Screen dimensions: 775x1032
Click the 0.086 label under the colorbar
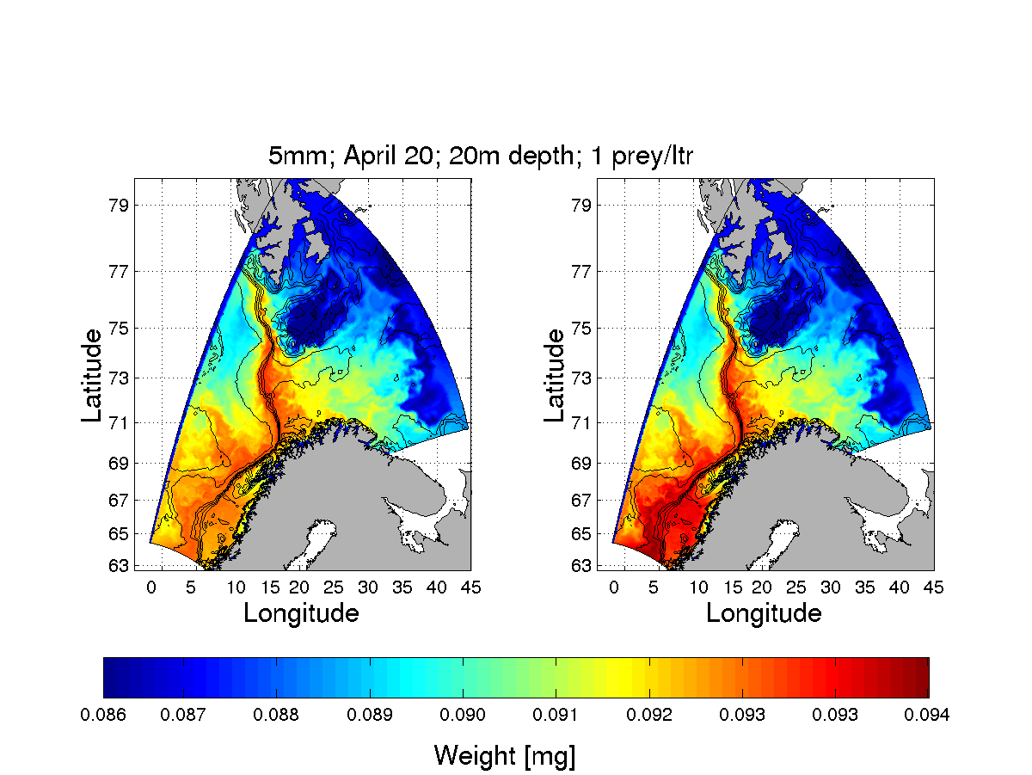tap(103, 716)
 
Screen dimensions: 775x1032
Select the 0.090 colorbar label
tap(464, 716)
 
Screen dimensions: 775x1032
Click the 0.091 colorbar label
tap(556, 716)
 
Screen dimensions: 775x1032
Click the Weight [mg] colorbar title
tap(505, 756)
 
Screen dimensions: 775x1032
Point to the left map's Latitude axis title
tap(92, 375)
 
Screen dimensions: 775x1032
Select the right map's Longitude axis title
tap(764, 613)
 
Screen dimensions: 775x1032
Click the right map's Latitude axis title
tap(555, 375)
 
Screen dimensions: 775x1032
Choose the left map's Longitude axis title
tap(301, 613)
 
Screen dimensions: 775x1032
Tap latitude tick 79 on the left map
tap(119, 206)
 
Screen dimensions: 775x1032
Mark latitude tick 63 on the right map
tap(581, 566)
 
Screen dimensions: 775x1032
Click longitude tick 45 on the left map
tap(470, 587)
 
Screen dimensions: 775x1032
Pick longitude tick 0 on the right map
tap(614, 587)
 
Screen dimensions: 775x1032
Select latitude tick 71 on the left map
tap(119, 422)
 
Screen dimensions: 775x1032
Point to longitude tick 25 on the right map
tap(796, 587)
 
